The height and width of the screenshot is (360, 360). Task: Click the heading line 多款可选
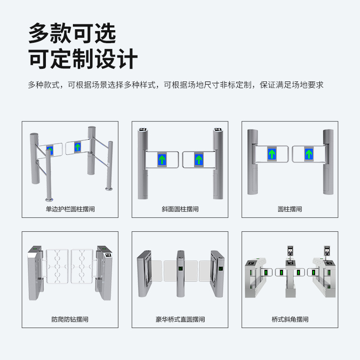(x=72, y=33)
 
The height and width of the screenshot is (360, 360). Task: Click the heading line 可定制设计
(x=83, y=59)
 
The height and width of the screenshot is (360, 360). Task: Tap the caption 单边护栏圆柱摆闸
(x=70, y=209)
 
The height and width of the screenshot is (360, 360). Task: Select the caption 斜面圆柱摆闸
(x=180, y=209)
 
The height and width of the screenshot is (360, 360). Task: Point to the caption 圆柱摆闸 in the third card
(x=290, y=209)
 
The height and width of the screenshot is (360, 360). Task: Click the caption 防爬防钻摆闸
(x=70, y=319)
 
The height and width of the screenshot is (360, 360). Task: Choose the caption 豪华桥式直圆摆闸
(x=180, y=319)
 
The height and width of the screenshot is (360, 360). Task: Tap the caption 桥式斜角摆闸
(x=290, y=319)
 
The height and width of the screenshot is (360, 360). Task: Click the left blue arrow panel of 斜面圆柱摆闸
(x=162, y=159)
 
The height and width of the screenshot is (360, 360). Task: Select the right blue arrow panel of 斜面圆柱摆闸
(x=198, y=159)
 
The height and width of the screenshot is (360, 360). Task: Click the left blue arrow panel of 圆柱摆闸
(x=272, y=154)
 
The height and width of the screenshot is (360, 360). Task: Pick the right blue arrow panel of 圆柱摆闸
(x=309, y=154)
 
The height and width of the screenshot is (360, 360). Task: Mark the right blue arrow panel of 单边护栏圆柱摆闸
(x=77, y=147)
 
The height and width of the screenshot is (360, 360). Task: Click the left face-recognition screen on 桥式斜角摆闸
(x=290, y=251)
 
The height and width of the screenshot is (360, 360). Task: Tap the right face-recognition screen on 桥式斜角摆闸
(x=327, y=251)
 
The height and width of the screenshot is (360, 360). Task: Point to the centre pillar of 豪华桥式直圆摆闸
(x=180, y=274)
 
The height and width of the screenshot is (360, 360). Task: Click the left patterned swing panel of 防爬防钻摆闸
(x=58, y=266)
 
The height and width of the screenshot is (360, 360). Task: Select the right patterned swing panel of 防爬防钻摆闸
(x=82, y=266)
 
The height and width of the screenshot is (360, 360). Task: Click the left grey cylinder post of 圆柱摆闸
(x=252, y=162)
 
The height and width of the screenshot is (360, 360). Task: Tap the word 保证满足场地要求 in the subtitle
(x=292, y=85)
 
